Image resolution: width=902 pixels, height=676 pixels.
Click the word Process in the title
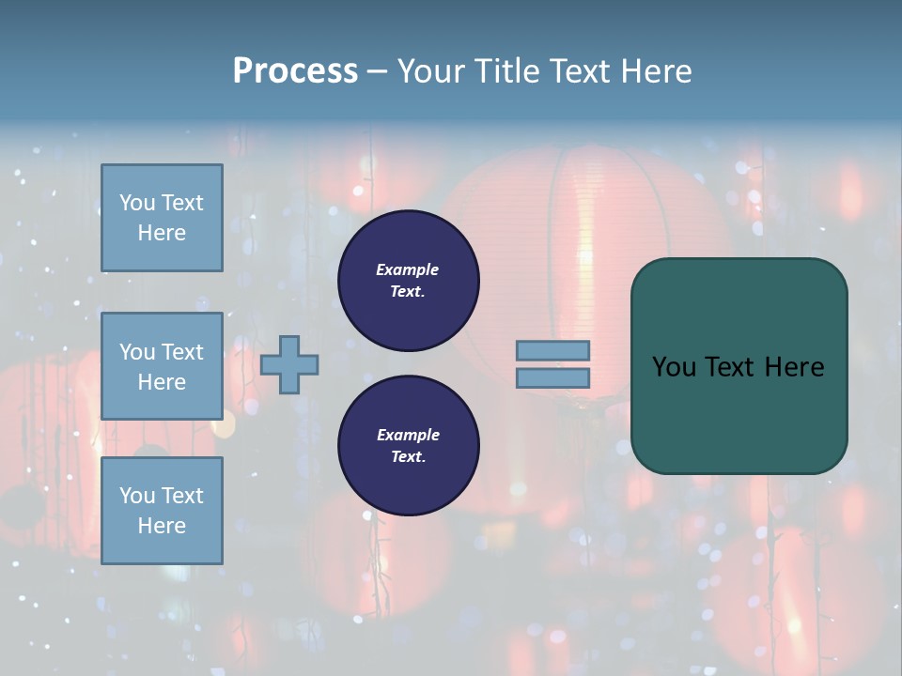coord(295,71)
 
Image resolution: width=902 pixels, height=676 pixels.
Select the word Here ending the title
coord(654,71)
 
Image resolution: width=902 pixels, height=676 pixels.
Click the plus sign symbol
coord(289,365)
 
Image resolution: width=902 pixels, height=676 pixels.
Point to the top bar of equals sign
coord(553,351)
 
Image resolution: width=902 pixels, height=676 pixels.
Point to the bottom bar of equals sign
coord(553,378)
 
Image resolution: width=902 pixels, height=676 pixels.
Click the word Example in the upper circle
coord(408,269)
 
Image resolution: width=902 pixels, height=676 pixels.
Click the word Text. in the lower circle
coord(408,457)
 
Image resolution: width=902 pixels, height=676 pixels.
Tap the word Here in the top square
coord(162,233)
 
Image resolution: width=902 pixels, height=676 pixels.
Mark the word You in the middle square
coord(137,352)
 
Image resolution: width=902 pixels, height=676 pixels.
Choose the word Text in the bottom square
coord(182,496)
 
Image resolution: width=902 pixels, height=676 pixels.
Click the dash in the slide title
coord(377,71)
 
